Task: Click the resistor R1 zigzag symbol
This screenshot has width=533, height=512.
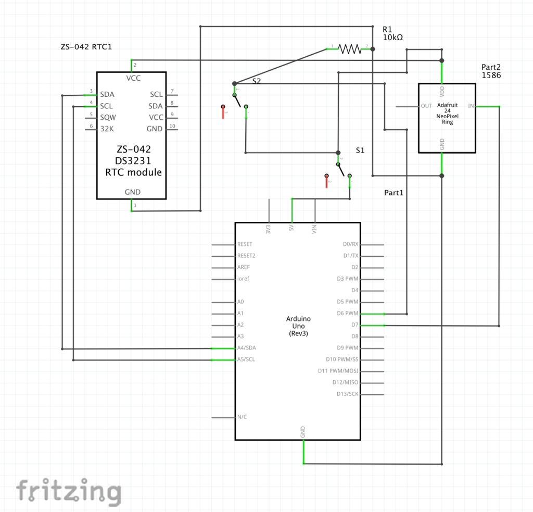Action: click(x=349, y=49)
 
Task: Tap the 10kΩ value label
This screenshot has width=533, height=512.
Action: click(x=392, y=38)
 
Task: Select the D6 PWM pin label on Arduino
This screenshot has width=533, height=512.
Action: click(x=348, y=314)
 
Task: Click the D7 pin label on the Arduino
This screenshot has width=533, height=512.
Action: click(x=354, y=325)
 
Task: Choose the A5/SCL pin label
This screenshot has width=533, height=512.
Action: click(x=247, y=359)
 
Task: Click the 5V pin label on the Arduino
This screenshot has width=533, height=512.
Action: click(x=292, y=228)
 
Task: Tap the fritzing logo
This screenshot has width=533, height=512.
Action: click(x=68, y=491)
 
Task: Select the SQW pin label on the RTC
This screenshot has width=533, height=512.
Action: click(x=108, y=117)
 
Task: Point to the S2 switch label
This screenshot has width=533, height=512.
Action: click(x=257, y=81)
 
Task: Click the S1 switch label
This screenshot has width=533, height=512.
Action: click(x=360, y=150)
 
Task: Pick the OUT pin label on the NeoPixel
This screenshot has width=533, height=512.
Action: click(x=426, y=106)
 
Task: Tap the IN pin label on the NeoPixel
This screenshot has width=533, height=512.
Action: click(x=471, y=106)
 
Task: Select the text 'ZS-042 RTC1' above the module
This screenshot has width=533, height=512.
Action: click(x=86, y=47)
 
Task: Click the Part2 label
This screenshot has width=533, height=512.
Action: click(x=491, y=67)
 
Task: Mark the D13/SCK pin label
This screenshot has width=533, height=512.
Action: click(x=347, y=394)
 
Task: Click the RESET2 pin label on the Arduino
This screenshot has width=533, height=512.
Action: click(x=246, y=256)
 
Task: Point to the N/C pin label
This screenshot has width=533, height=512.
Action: click(x=242, y=417)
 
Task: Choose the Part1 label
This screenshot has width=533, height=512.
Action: click(x=394, y=193)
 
